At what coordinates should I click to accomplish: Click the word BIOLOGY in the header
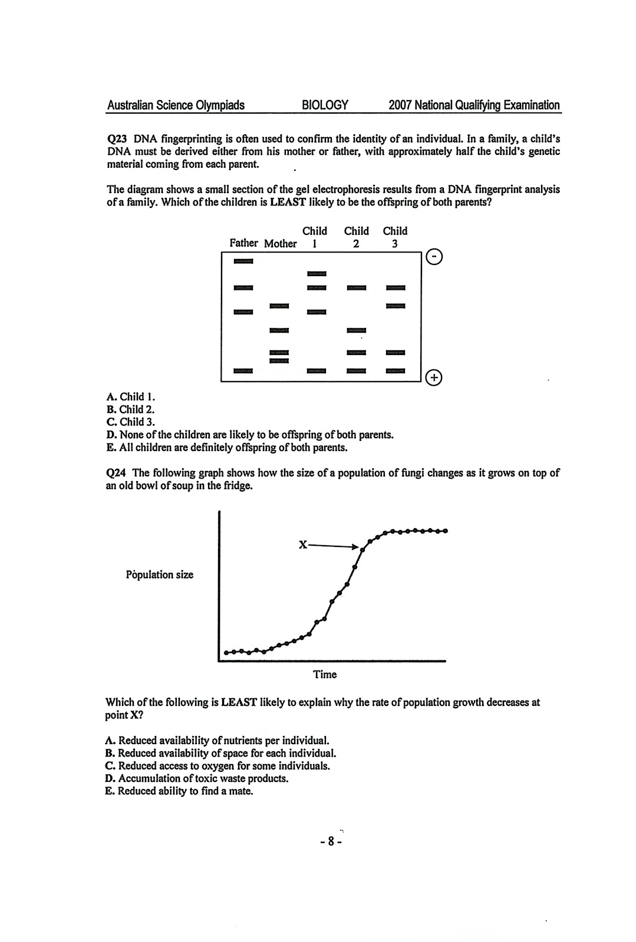(325, 105)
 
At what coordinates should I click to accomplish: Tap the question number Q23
(117, 140)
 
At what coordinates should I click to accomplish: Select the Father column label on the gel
(243, 243)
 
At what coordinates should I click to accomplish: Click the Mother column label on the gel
(280, 244)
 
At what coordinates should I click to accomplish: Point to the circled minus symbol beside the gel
(434, 258)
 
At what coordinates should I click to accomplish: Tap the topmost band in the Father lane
(243, 262)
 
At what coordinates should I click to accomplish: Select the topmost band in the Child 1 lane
(317, 274)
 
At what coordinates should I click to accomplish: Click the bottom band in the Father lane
(243, 371)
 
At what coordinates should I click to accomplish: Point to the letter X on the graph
(302, 545)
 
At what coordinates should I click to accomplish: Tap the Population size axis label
(159, 575)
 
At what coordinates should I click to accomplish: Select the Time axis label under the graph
(325, 675)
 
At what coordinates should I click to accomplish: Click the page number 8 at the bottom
(331, 842)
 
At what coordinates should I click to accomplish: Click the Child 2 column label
(356, 237)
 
